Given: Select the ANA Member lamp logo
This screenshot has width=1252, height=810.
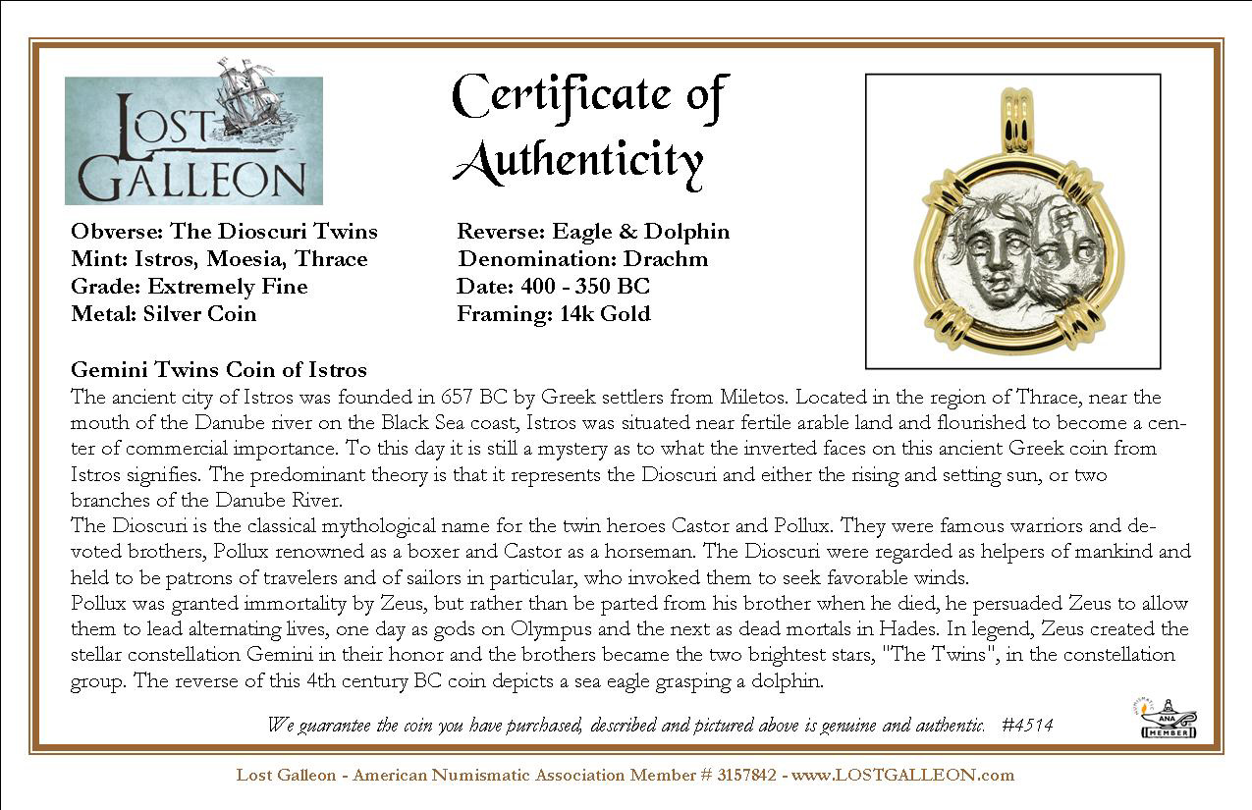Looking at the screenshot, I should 1167,718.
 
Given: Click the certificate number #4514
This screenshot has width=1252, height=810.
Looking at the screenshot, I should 1027,726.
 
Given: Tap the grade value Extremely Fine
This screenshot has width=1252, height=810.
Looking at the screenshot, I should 227,287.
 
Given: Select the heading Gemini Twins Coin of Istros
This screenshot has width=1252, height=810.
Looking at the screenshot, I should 219,370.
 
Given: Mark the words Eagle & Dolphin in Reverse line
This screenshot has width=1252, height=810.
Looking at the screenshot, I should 641,232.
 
